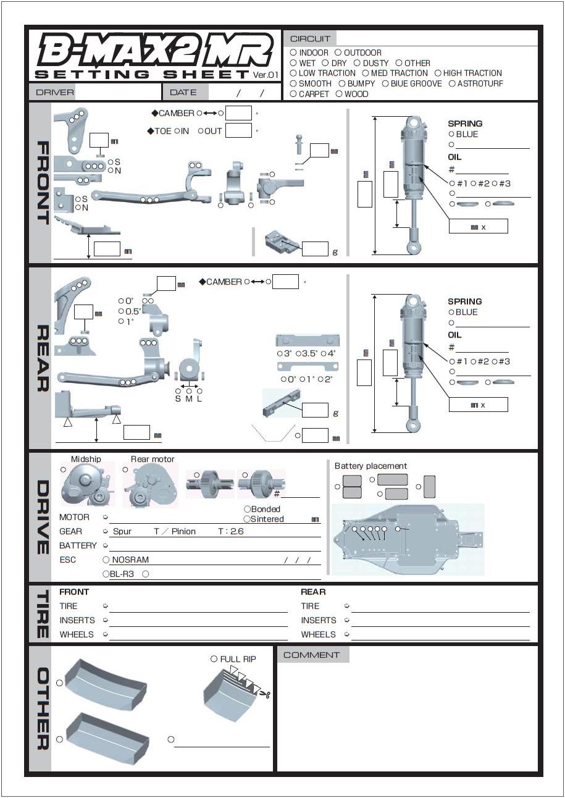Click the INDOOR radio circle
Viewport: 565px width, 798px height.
click(293, 53)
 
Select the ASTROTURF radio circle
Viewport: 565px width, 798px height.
click(452, 83)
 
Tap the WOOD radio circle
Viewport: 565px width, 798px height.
click(339, 94)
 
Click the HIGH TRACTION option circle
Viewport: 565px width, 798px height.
click(438, 73)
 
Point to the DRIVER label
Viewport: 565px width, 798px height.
click(55, 93)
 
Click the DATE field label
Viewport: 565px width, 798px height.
click(183, 93)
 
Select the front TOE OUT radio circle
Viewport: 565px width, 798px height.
click(201, 131)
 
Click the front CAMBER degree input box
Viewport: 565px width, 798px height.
click(238, 113)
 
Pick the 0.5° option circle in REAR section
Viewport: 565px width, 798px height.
click(121, 311)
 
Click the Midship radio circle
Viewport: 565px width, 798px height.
click(64, 470)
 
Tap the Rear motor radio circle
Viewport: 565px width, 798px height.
click(125, 470)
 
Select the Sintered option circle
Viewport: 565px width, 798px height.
click(247, 519)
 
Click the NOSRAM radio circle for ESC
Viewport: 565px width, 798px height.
click(106, 560)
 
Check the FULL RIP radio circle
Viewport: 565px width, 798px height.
click(214, 659)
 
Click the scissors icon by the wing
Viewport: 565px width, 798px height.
click(266, 694)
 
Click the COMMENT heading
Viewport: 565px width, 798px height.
click(312, 655)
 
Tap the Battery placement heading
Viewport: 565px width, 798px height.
click(370, 466)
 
